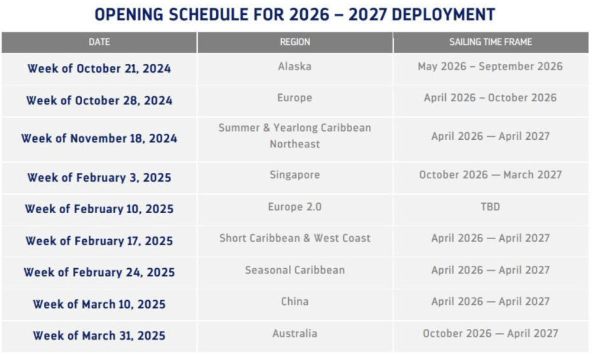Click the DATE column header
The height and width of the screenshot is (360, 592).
point(99,42)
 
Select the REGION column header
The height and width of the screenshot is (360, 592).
point(295,42)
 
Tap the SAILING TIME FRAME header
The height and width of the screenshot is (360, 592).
point(490,42)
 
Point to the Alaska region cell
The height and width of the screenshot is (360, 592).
point(295,66)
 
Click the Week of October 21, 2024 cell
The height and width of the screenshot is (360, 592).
point(99,69)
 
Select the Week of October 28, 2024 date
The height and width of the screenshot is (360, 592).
point(99,101)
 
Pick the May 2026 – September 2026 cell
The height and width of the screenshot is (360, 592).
point(490,66)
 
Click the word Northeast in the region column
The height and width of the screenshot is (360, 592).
point(295,144)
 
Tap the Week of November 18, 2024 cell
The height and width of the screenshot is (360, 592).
point(99,139)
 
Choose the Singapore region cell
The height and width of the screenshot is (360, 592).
point(295,175)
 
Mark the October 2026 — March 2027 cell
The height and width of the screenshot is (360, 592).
point(490,175)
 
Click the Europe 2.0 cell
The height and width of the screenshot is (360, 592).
point(295,207)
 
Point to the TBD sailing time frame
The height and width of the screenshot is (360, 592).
point(490,207)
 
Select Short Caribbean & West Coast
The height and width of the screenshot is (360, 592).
point(295,239)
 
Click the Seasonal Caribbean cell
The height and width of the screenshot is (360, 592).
point(295,270)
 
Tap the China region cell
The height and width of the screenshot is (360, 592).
point(295,301)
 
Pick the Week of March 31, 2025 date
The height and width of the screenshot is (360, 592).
point(99,336)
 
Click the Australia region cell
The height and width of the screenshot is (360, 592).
point(295,333)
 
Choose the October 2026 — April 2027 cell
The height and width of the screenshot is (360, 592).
point(490,333)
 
